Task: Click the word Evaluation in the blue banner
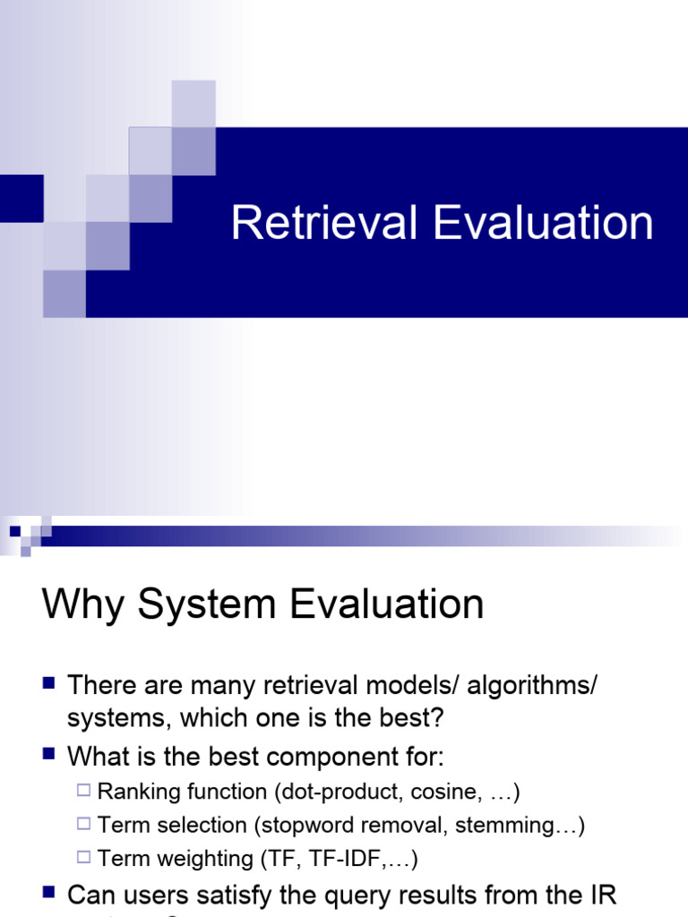tap(545, 223)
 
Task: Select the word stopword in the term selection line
tap(298, 825)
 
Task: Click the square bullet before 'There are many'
tap(50, 685)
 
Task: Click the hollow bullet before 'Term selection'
tap(84, 825)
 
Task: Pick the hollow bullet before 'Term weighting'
tap(84, 859)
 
